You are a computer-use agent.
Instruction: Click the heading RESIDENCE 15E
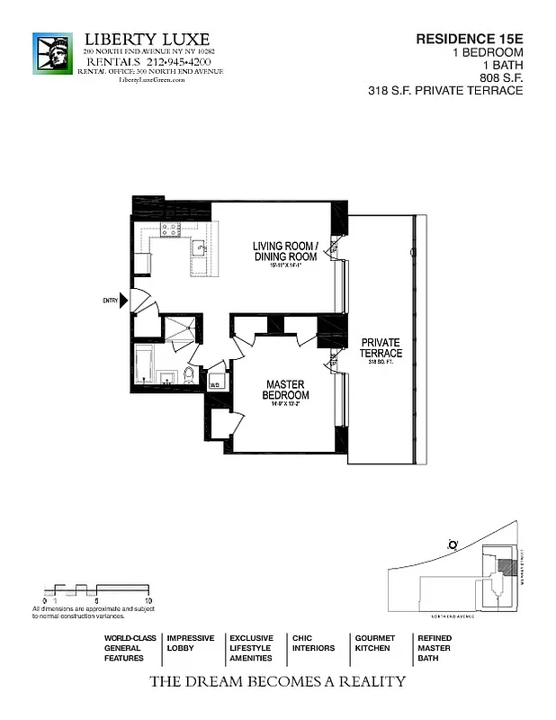click(x=468, y=39)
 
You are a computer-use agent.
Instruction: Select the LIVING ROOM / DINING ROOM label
click(x=284, y=251)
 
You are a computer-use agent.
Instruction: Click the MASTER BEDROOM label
click(x=286, y=389)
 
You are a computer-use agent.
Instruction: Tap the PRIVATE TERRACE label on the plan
click(x=381, y=347)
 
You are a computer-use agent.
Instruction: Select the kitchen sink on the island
click(x=199, y=247)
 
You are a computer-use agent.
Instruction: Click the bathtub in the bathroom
click(x=145, y=364)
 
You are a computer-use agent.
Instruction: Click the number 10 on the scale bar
click(x=148, y=599)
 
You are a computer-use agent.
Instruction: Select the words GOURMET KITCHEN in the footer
click(x=374, y=643)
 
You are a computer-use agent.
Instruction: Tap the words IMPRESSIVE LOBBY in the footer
click(x=191, y=643)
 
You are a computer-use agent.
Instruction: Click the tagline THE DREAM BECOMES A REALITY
click(x=277, y=681)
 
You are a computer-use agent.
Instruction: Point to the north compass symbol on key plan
click(x=452, y=543)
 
